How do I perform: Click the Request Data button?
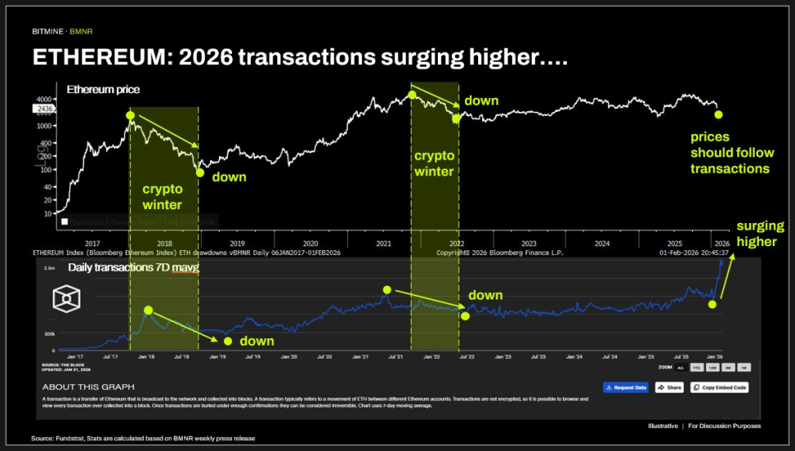(625, 387)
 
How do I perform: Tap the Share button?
(669, 387)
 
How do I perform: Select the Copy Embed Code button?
(718, 387)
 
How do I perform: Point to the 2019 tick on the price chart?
(237, 244)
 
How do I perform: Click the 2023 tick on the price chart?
(529, 244)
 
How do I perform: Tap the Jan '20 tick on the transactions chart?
(289, 356)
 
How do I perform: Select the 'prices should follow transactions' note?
(730, 153)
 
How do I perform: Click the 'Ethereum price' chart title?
(103, 89)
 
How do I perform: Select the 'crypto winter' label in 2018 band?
(162, 197)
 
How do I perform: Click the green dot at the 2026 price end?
(718, 115)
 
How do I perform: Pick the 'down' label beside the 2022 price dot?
(481, 101)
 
